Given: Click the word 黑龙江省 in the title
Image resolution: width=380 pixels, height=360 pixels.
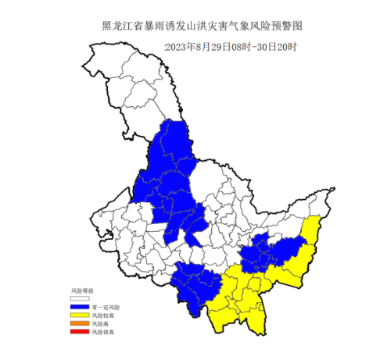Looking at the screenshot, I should [120, 26].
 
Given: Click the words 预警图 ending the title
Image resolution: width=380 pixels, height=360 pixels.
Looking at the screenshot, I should [289, 26].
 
